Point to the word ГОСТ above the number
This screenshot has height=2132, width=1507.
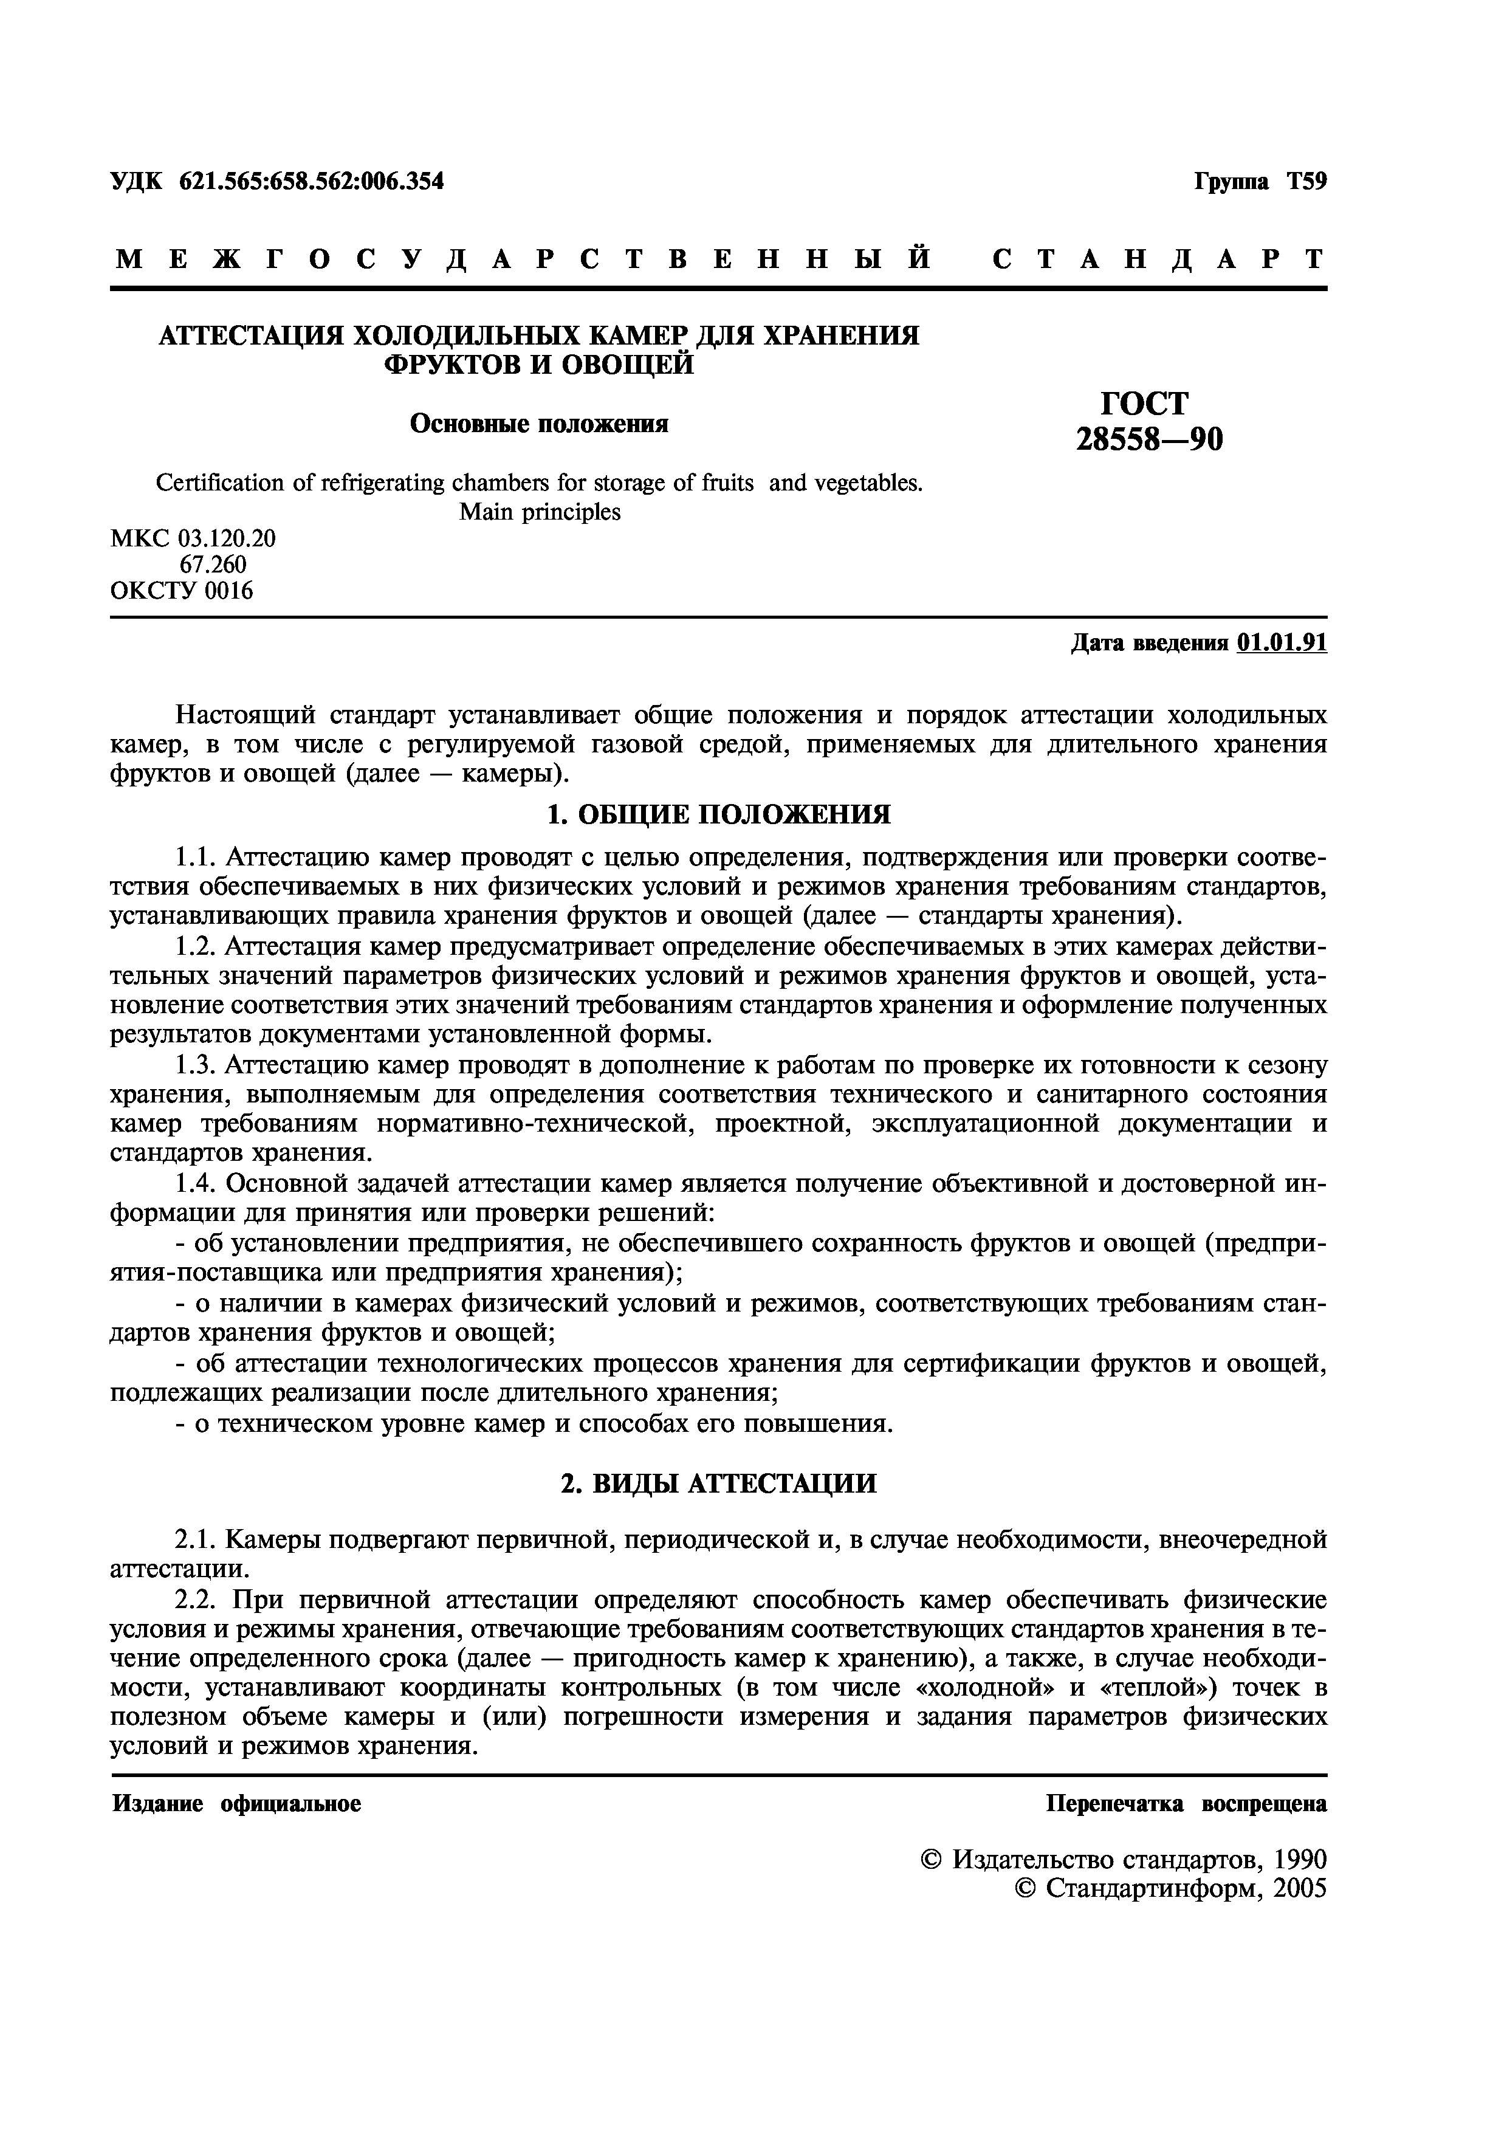(1144, 403)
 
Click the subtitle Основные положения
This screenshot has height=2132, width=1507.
(538, 424)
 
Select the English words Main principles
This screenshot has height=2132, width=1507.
(540, 512)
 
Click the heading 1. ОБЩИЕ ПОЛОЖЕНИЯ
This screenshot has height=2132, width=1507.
(718, 814)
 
